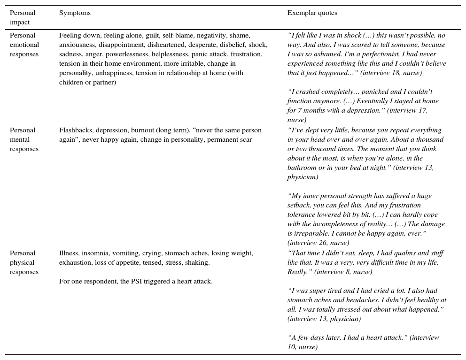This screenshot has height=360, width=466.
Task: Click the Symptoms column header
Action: pyautogui.click(x=75, y=13)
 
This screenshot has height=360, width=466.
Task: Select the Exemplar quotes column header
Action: pyautogui.click(x=312, y=13)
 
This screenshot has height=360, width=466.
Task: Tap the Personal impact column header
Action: pyautogui.click(x=23, y=17)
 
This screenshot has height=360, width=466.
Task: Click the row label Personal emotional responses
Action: pyautogui.click(x=24, y=45)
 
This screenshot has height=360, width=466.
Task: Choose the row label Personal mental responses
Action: pyautogui.click(x=23, y=139)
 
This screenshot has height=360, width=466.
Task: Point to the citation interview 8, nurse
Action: pyautogui.click(x=343, y=272)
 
